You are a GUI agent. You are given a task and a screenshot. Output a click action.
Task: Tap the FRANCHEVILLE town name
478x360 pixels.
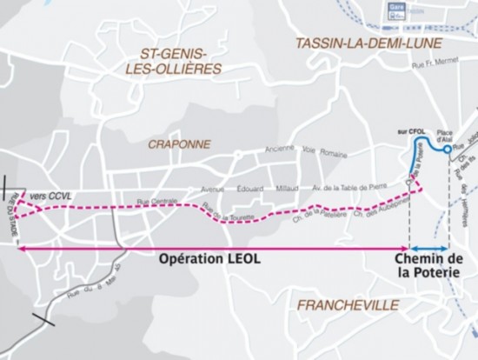pos(348,305)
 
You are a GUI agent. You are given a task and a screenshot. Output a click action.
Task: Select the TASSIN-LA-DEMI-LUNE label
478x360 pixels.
pos(356,43)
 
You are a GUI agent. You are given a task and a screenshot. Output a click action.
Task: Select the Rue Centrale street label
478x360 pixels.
pos(155,201)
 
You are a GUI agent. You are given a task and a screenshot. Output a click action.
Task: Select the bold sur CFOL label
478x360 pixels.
pos(407,130)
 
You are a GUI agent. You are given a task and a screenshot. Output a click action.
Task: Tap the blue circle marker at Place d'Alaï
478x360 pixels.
pos(447,150)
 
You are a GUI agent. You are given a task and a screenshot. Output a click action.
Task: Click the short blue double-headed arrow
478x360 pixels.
pos(428,248)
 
